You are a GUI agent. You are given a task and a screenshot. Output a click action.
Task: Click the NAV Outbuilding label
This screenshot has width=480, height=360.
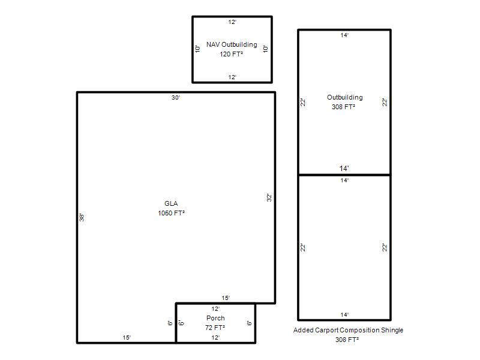[x=232, y=44]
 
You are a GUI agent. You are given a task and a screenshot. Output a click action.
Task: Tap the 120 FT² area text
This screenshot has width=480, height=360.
[x=232, y=54]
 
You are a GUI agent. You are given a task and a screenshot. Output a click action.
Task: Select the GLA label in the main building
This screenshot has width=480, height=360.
[x=171, y=203]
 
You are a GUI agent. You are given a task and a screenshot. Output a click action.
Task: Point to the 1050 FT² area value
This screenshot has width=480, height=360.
[x=172, y=213]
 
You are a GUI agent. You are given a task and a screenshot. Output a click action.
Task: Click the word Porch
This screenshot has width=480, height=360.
[x=215, y=319]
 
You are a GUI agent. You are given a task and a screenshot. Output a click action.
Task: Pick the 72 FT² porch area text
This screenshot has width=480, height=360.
[x=215, y=328]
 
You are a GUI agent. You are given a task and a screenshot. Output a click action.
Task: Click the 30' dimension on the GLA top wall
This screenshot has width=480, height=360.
[x=176, y=98]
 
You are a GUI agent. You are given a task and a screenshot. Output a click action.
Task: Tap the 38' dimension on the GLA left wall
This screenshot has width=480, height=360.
[x=82, y=217]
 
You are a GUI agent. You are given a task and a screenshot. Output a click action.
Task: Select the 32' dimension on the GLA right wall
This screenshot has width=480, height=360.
[x=269, y=197]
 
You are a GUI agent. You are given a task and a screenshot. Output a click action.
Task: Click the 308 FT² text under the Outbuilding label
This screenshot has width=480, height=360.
[x=343, y=107]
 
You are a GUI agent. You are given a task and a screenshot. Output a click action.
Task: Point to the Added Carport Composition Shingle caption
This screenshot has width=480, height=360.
[x=349, y=331]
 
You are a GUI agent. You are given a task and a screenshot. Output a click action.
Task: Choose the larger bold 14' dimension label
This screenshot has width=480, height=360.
[x=344, y=169]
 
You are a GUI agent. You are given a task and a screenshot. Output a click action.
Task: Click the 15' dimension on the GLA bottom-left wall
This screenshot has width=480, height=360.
[x=127, y=338]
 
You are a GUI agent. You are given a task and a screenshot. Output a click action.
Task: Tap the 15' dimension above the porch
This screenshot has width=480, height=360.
[x=226, y=298]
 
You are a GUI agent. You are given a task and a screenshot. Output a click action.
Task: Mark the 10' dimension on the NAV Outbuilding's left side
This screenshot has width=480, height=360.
[x=198, y=49]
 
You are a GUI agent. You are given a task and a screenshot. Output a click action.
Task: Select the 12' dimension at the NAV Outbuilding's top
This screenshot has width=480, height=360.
[x=232, y=22]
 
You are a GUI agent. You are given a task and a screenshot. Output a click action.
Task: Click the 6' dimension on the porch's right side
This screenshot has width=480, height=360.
[x=249, y=323]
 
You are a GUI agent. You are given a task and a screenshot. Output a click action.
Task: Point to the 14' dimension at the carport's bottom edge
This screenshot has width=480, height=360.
[x=344, y=315]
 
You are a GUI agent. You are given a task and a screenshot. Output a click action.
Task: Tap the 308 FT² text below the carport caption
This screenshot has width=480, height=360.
[x=347, y=340]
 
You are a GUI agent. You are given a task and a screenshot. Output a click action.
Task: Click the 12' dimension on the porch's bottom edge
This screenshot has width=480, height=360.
[x=215, y=338]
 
